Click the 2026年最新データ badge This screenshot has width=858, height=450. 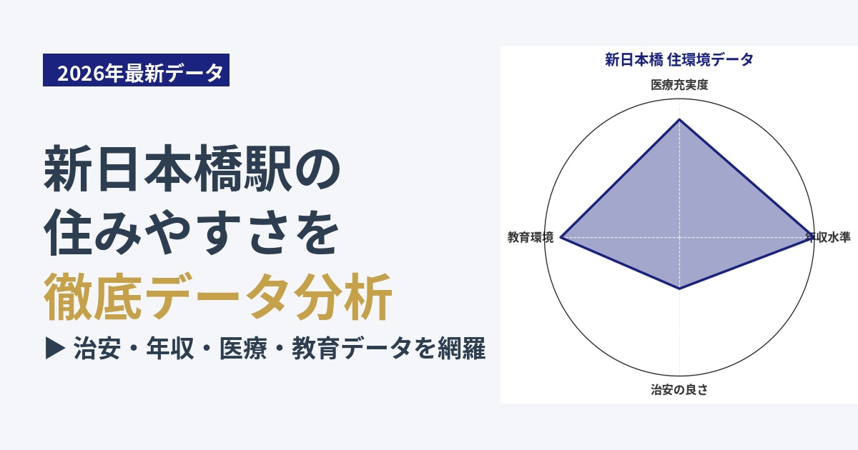136,70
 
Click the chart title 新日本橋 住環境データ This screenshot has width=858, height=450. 679,60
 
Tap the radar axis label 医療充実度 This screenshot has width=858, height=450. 679,84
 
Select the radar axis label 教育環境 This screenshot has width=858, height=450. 531,237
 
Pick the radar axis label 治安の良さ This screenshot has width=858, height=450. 679,389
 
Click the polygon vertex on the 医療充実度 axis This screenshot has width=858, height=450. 679,119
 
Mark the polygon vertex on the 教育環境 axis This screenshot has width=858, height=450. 561,237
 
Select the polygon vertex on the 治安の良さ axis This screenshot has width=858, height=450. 679,289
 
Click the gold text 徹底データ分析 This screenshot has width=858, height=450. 217,296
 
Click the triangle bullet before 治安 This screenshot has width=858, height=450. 55,349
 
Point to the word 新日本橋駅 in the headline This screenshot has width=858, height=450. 168,168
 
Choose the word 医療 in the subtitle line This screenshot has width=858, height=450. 243,349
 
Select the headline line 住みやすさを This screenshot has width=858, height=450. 192,232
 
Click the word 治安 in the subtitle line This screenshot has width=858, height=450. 97,349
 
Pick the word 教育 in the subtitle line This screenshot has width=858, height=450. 316,349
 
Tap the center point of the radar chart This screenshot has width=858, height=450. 679,237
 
